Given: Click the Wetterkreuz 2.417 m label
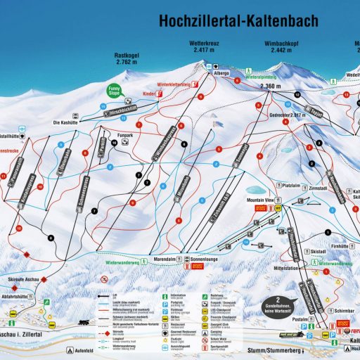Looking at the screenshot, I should [x=206, y=47].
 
